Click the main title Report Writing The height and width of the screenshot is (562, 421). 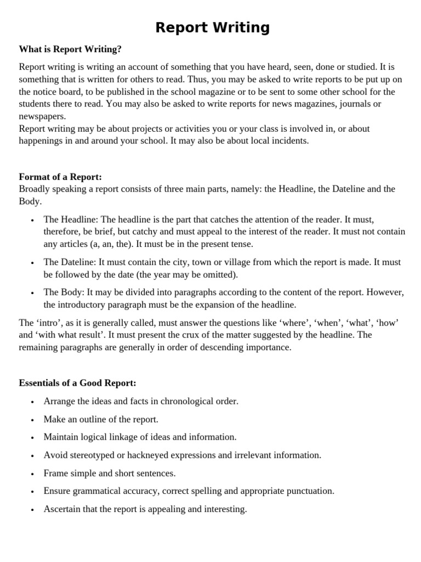pyautogui.click(x=212, y=27)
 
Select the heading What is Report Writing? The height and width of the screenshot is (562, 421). pyautogui.click(x=70, y=49)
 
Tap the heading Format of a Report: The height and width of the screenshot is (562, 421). pyautogui.click(x=60, y=177)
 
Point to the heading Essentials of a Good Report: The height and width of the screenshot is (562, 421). pyautogui.click(x=77, y=383)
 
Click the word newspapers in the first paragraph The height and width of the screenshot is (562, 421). pyautogui.click(x=42, y=116)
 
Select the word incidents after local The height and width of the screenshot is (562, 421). pyautogui.click(x=290, y=140)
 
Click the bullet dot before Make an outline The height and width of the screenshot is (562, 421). pyautogui.click(x=33, y=420)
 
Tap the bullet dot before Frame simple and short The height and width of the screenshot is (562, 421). pyautogui.click(x=33, y=474)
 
